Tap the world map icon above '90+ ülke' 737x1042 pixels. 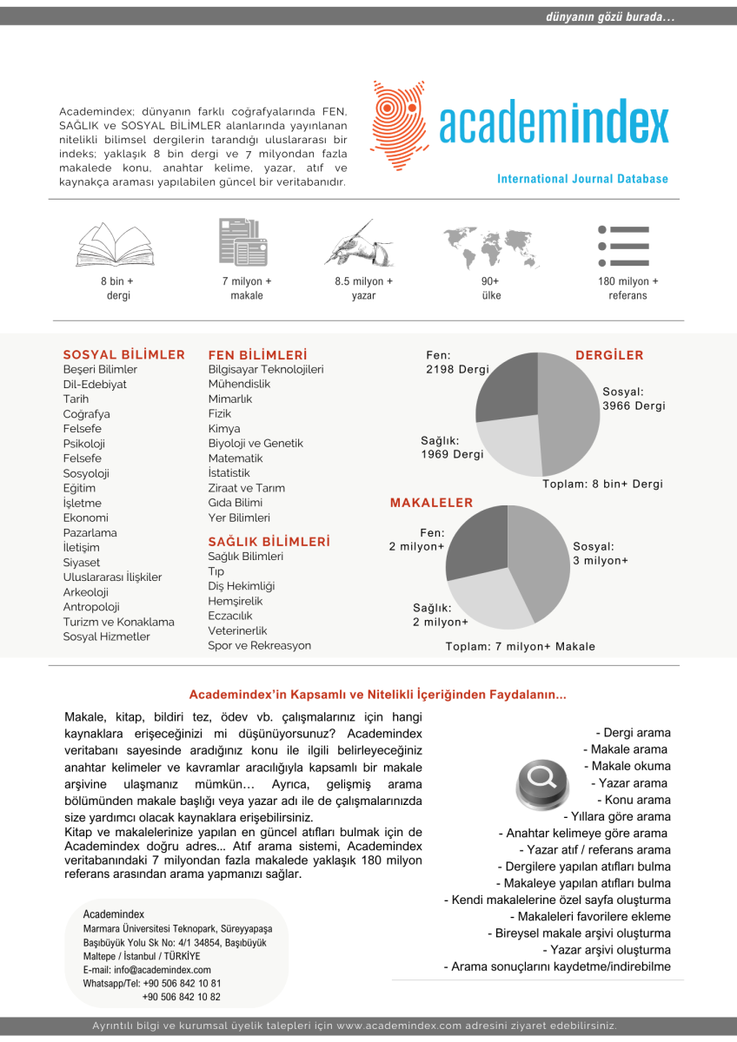[490, 245]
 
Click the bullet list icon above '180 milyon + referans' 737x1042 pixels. [623, 246]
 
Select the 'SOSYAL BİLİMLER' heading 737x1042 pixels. [124, 354]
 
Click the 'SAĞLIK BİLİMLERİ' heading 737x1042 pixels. [269, 541]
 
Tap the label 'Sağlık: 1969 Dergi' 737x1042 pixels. [452, 447]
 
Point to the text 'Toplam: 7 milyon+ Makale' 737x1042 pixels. [521, 646]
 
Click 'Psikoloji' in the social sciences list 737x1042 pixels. [84, 444]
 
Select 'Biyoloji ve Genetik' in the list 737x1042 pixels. [256, 443]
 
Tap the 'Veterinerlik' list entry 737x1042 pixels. [237, 630]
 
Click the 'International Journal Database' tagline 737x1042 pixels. [582, 179]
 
